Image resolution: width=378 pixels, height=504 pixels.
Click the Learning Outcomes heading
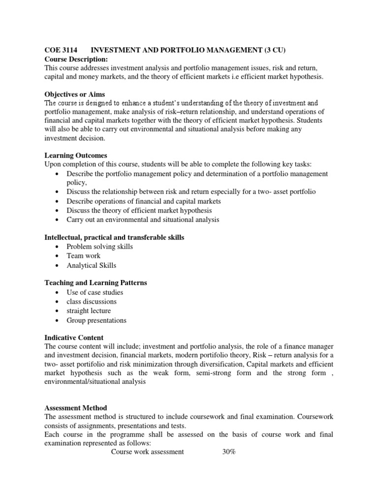[x=76, y=156]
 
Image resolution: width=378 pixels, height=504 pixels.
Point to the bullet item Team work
[x=83, y=256]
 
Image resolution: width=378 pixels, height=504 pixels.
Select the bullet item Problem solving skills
[x=100, y=247]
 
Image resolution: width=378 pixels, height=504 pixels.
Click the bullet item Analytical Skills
[x=92, y=266]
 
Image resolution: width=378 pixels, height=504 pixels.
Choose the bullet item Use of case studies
[x=95, y=292]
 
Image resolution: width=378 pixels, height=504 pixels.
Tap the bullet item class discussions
[x=92, y=302]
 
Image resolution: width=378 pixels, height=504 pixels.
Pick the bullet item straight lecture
[x=89, y=311]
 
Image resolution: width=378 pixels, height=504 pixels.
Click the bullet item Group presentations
[x=96, y=320]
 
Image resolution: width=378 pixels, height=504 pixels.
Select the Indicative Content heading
[x=74, y=338]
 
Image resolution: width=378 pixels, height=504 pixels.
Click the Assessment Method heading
[x=76, y=408]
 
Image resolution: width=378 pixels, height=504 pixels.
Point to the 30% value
[x=230, y=452]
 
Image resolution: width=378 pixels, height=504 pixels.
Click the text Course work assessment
[x=148, y=452]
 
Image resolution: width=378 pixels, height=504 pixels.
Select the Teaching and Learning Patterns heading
[x=95, y=283]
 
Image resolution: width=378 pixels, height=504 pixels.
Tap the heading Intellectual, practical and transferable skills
[x=114, y=238]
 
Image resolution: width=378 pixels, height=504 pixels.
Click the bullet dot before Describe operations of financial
[x=59, y=202]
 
